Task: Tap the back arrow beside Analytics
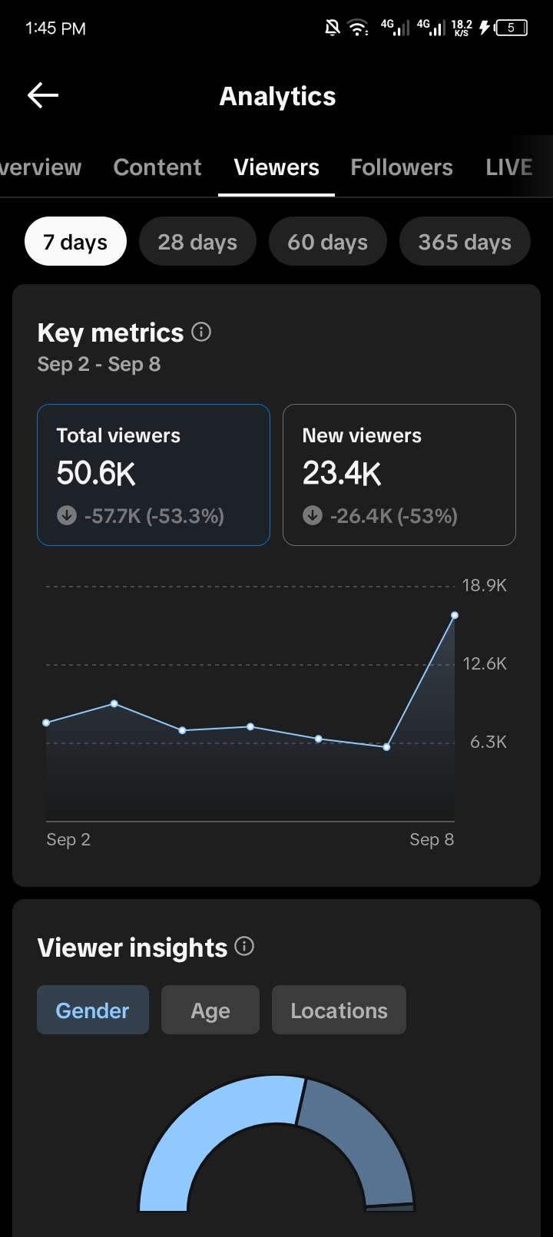point(43,95)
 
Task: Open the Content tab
point(157,167)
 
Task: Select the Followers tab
point(402,167)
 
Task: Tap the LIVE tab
point(508,167)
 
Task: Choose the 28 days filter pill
point(198,241)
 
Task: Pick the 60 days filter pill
point(328,241)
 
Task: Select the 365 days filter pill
point(465,241)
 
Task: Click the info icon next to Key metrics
point(201,332)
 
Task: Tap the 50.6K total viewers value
point(96,473)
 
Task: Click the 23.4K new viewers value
point(342,473)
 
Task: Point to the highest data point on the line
point(455,615)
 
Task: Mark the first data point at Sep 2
point(46,723)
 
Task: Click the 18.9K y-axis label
point(485,585)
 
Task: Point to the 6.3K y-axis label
point(488,742)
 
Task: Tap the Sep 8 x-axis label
point(432,839)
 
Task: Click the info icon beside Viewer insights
point(244,946)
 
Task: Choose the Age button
point(210,1010)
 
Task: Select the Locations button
point(339,1010)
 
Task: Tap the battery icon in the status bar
point(512,28)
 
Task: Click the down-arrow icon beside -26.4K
point(313,515)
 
